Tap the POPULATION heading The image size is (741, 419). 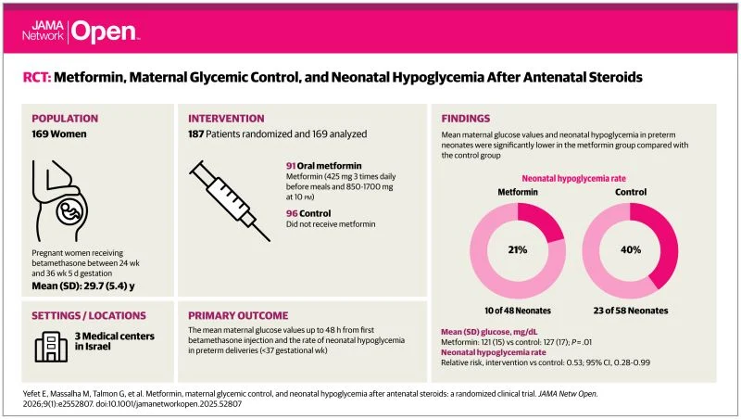(67, 119)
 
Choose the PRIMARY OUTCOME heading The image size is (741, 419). (244, 315)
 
